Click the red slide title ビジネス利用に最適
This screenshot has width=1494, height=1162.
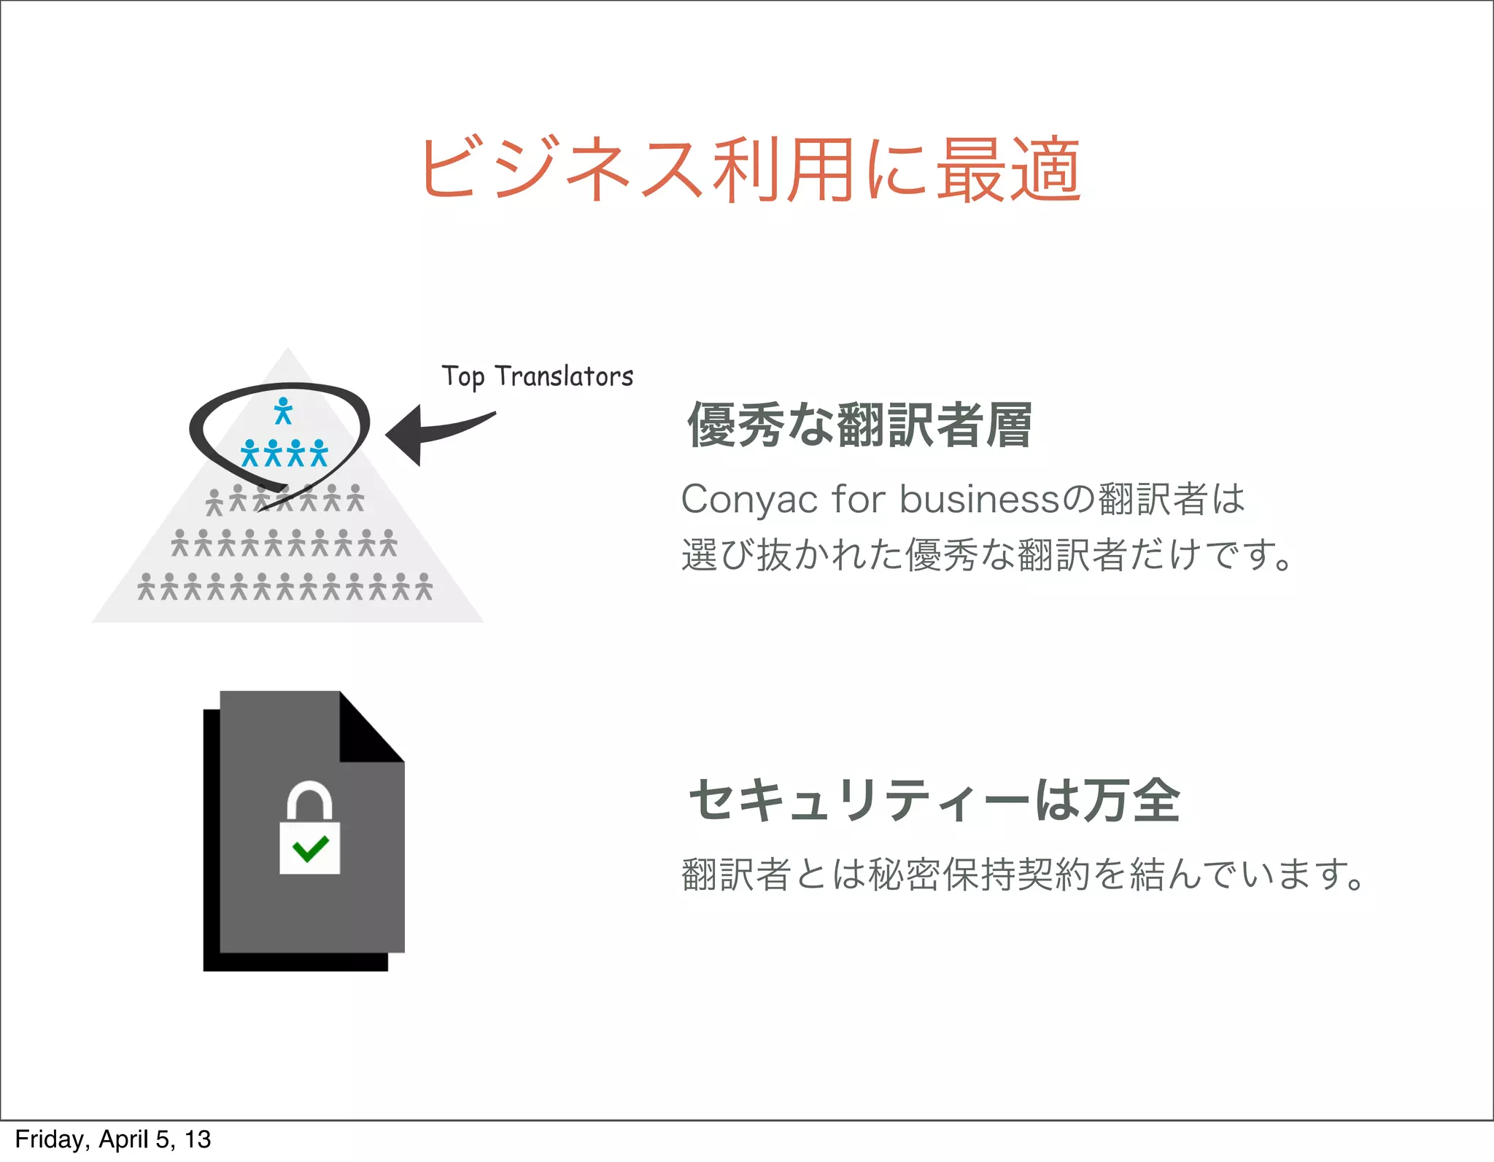coord(750,169)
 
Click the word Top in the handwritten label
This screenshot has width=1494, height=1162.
coord(462,377)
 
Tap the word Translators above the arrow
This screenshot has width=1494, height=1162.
coord(564,376)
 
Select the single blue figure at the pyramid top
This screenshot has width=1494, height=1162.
coord(283,411)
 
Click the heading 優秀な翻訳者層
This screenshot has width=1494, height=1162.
coord(859,425)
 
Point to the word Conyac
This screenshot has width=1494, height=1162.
coord(749,500)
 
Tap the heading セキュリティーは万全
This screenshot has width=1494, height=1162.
coord(934,800)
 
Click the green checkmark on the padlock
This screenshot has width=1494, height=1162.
coord(310,848)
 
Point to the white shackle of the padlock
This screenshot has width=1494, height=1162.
coord(309,798)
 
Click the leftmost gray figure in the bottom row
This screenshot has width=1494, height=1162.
coord(147,586)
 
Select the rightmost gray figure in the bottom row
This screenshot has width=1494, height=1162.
coord(424,586)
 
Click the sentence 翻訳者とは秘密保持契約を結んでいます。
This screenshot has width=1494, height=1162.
coord(1021,874)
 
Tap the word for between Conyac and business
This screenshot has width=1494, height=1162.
coord(859,500)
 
